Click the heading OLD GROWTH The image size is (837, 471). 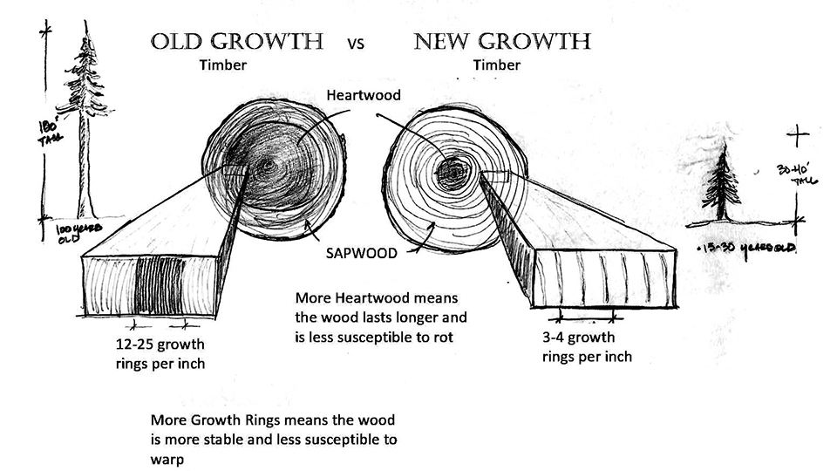[x=237, y=41]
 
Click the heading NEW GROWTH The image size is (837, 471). [x=502, y=41]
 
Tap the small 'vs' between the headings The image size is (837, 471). [x=356, y=44]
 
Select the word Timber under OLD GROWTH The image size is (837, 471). [x=222, y=65]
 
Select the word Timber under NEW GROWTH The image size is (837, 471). [x=497, y=65]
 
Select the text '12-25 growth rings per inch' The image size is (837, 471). [x=160, y=353]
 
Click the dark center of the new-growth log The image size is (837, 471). [x=453, y=174]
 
